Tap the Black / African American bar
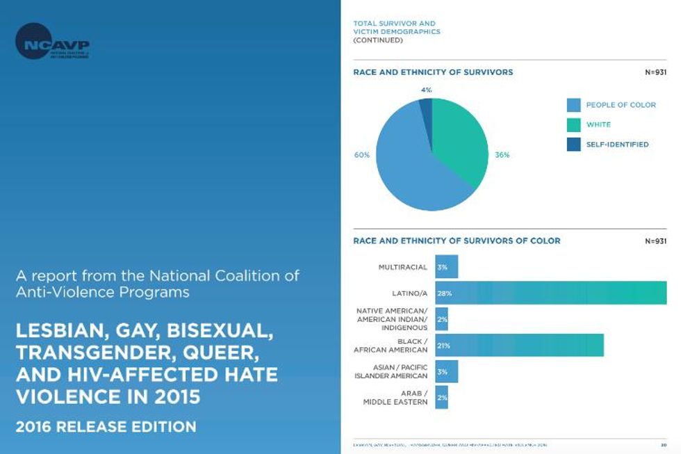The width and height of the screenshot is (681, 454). [519, 345]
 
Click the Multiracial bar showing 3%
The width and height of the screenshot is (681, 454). [446, 266]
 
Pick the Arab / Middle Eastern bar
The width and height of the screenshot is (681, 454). [441, 398]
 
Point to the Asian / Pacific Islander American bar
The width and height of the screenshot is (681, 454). [446, 371]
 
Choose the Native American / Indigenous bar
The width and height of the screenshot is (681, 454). [441, 319]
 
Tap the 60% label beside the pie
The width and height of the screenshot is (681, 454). [361, 155]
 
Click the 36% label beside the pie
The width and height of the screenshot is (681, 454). [502, 155]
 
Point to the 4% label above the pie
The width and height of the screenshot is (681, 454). [426, 90]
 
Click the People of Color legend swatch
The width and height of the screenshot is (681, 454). [573, 105]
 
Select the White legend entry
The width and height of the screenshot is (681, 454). [598, 125]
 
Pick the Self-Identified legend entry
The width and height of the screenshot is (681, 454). [616, 145]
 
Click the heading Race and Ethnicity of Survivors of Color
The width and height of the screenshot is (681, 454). [457, 241]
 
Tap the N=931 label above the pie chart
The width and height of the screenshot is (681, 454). [655, 72]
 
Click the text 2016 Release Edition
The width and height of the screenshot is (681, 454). [106, 425]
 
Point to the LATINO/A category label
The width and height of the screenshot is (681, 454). [410, 293]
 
